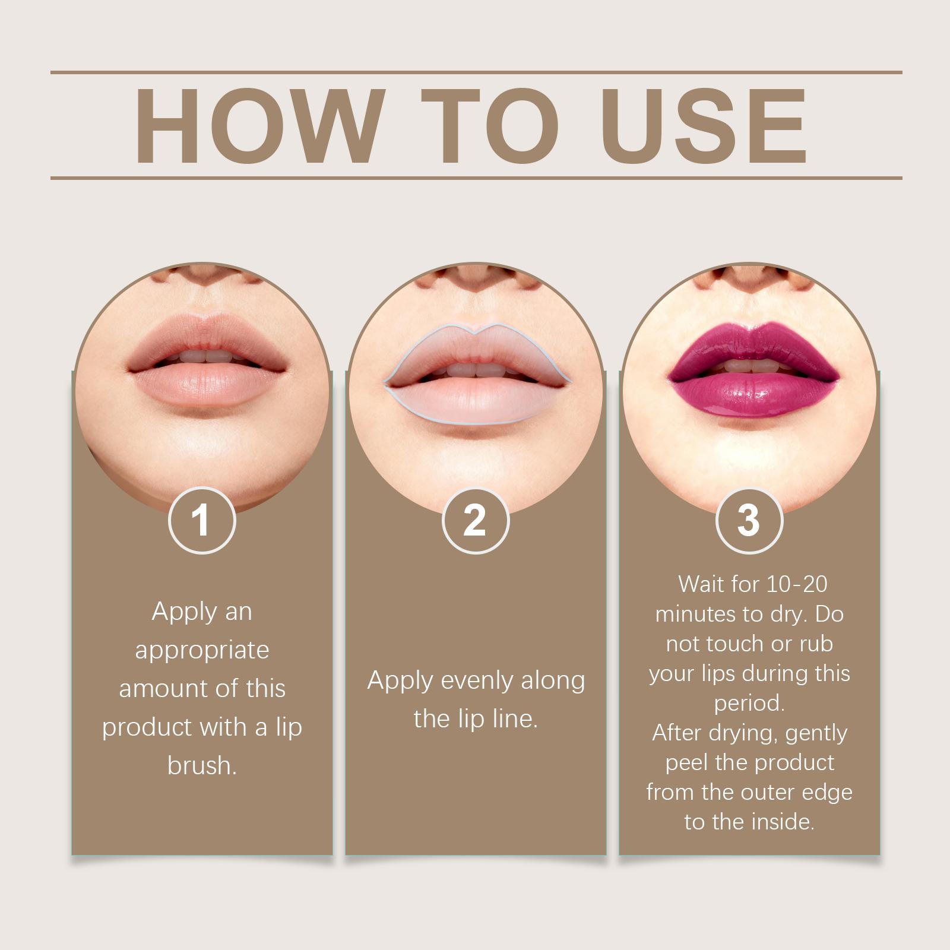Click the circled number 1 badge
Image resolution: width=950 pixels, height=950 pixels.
tap(202, 521)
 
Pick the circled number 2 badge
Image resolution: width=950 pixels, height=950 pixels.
tap(476, 520)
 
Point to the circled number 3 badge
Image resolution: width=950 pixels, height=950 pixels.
tap(749, 520)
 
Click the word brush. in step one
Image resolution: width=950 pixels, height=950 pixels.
tap(202, 765)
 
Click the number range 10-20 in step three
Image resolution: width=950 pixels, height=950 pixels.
tap(797, 584)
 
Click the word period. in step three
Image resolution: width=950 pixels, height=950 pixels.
tap(749, 704)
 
